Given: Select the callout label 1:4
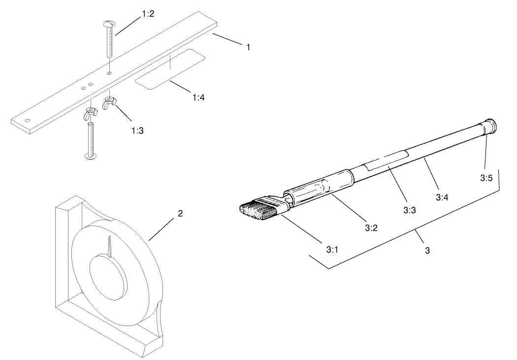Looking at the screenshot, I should [198, 97].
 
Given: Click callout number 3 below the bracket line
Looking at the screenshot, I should [427, 250].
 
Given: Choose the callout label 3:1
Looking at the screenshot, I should [332, 249].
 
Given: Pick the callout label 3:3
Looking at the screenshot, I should [410, 210].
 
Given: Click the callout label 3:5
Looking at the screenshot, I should [486, 178].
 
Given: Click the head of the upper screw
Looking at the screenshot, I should [109, 24].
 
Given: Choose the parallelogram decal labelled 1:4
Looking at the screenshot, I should [170, 69].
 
